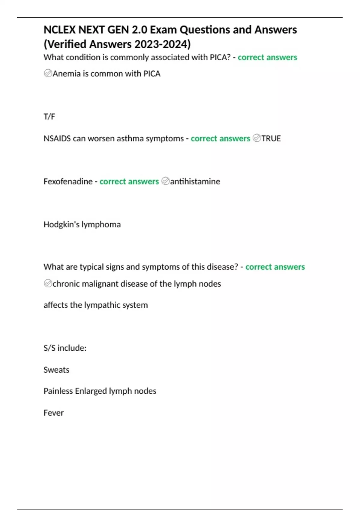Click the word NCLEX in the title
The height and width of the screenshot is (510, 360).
59,30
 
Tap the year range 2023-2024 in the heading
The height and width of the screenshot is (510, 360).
162,44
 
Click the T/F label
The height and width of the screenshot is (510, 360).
49,117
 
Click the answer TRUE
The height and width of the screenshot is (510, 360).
271,139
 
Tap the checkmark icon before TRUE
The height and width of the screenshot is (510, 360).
257,138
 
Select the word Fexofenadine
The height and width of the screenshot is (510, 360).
68,181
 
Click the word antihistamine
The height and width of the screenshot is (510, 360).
195,181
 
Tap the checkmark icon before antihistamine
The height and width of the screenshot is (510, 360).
165,181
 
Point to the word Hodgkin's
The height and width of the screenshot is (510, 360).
61,224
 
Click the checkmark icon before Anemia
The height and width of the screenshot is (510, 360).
48,73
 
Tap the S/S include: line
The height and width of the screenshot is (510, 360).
65,348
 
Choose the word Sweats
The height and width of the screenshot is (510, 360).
56,370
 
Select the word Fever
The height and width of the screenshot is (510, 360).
54,413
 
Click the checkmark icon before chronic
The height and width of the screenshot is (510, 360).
48,283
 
